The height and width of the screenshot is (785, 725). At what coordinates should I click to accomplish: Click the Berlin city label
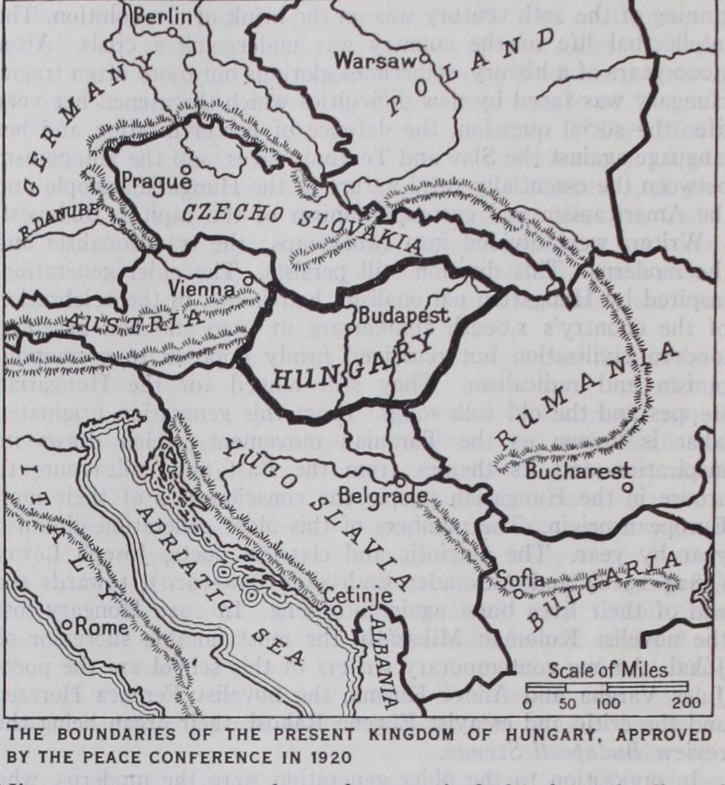(x=164, y=15)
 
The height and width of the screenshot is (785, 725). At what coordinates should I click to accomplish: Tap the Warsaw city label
(x=369, y=60)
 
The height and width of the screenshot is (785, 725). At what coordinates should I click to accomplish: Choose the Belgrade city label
(x=395, y=495)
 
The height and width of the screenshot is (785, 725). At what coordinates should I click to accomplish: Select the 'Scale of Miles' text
(x=607, y=671)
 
